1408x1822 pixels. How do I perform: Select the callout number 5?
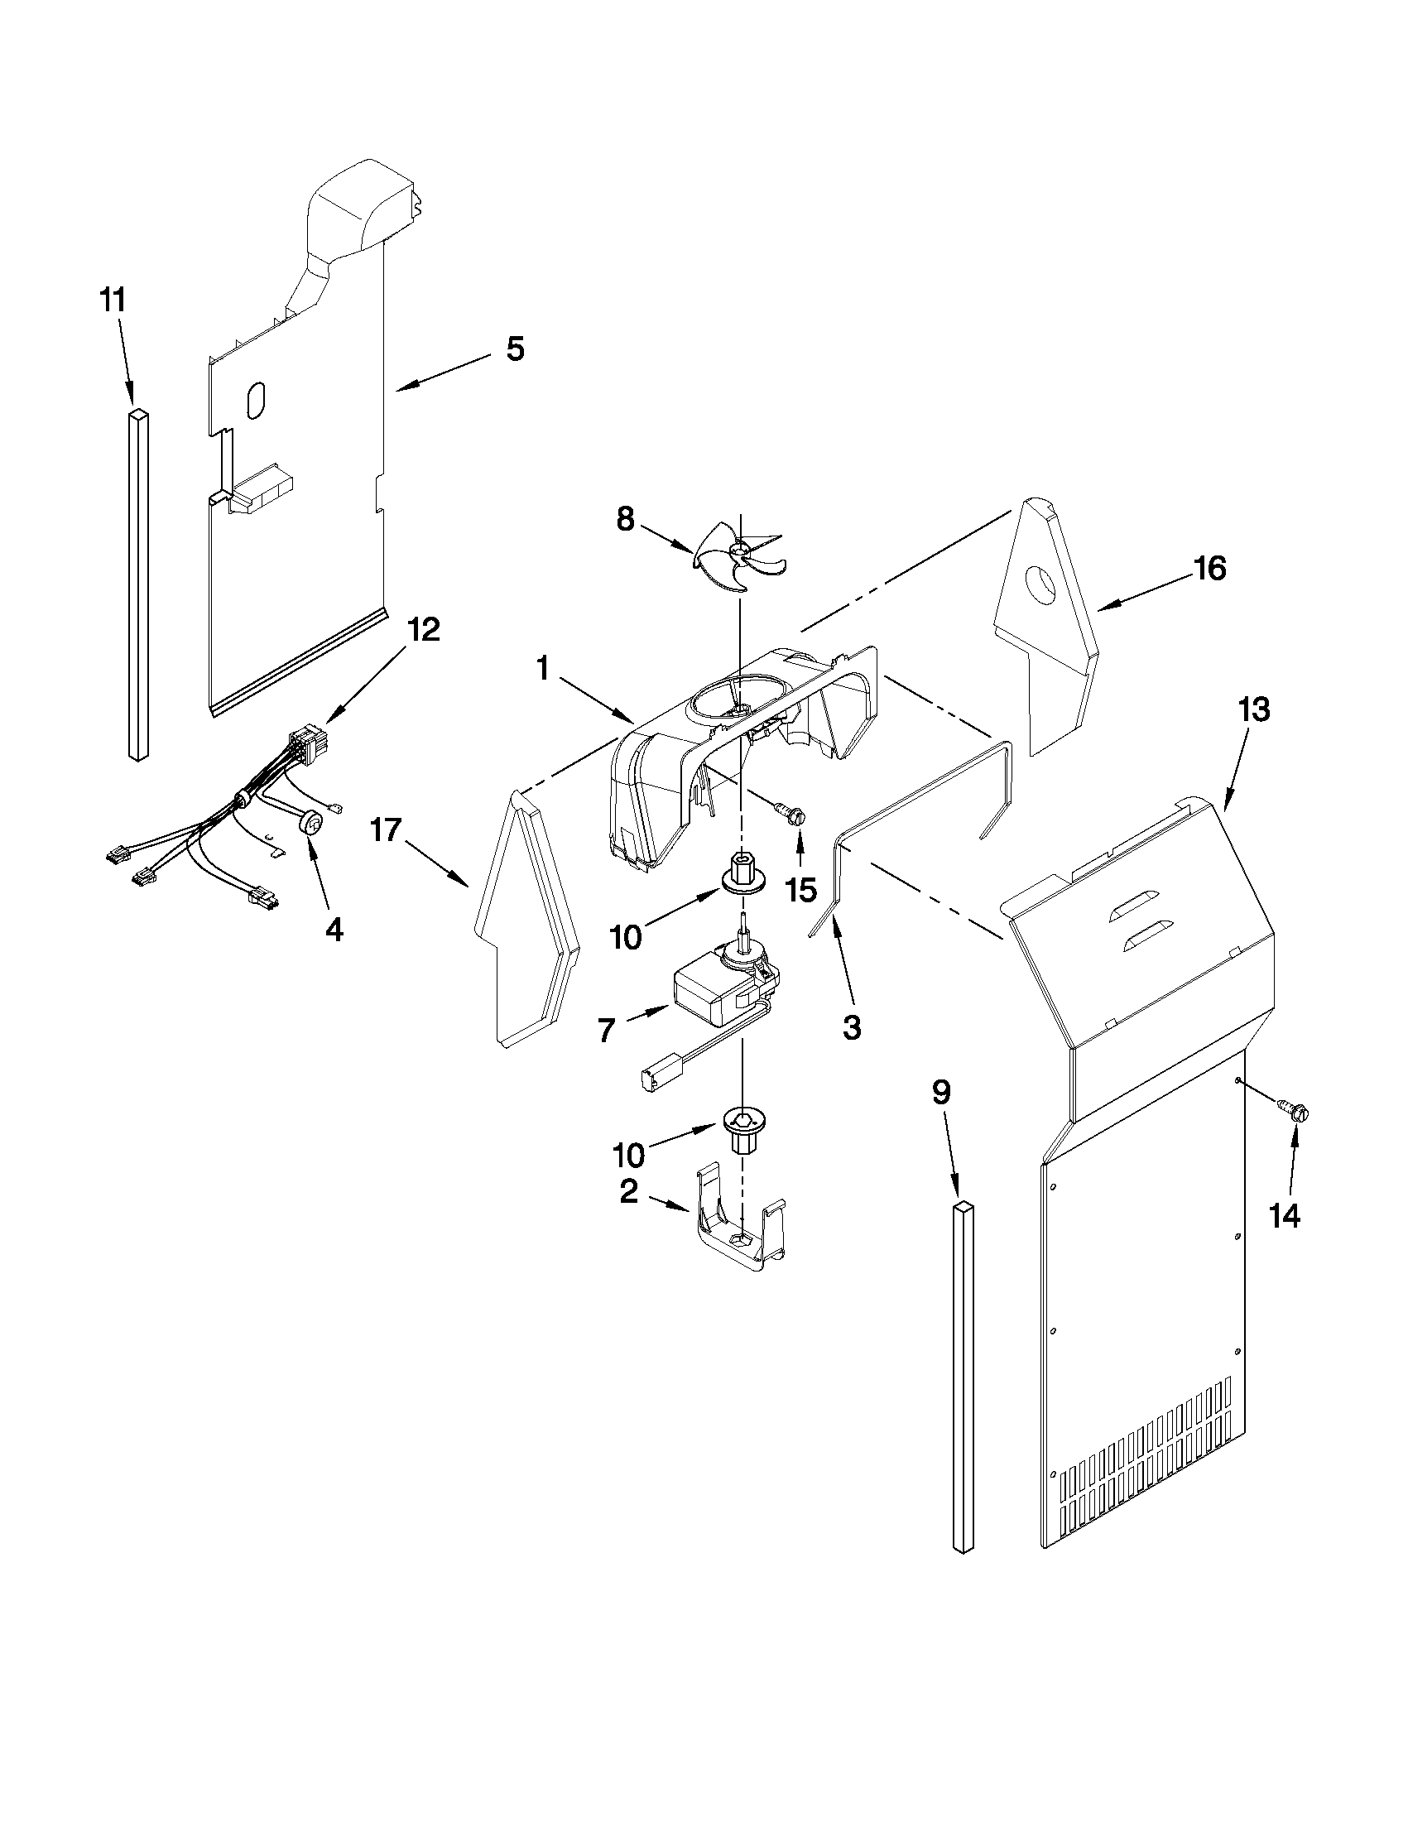click(x=515, y=349)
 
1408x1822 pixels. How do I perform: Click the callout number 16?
click(x=1209, y=569)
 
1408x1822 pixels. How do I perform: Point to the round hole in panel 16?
click(x=1042, y=584)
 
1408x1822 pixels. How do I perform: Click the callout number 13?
click(x=1254, y=710)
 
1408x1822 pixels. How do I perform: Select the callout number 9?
click(x=941, y=1092)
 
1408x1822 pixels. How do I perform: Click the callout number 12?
click(x=423, y=629)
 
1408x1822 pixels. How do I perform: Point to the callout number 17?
click(x=387, y=830)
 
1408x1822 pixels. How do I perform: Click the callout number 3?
click(x=851, y=1028)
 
